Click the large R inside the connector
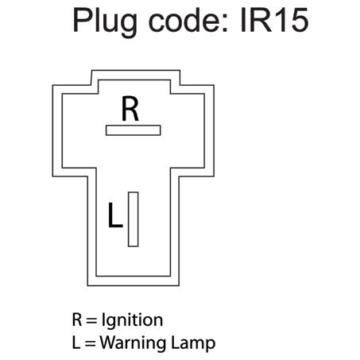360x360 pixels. point(130,109)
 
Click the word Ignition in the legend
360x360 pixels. point(132,321)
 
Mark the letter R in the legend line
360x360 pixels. point(77,320)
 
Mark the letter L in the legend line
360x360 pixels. point(76,343)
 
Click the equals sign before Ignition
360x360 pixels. point(92,321)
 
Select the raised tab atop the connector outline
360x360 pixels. point(133,77)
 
